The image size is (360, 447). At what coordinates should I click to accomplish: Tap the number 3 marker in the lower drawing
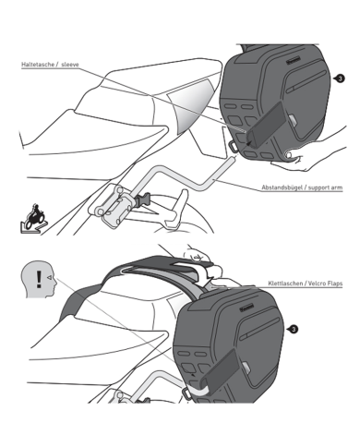point(294,328)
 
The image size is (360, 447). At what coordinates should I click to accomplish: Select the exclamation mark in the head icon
point(37,278)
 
